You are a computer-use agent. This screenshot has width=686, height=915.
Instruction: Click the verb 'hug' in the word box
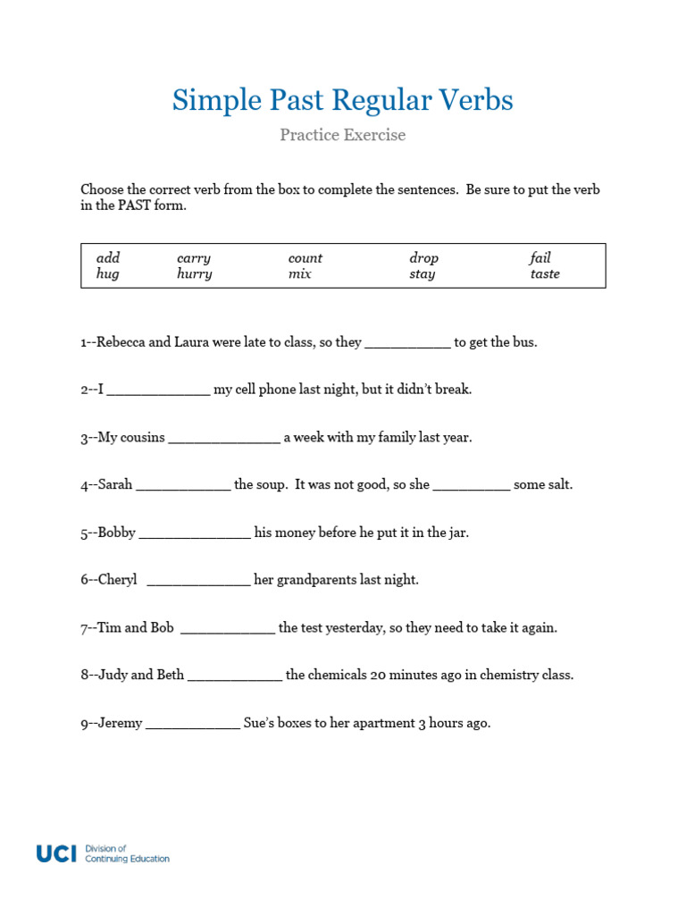pos(107,274)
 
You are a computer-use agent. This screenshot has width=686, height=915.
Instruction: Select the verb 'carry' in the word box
pos(194,258)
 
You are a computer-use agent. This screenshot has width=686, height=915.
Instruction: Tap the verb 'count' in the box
pos(305,258)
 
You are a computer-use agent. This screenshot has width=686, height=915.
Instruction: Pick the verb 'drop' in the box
pos(423,258)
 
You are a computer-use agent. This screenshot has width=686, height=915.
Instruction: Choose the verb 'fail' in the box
pos(540,258)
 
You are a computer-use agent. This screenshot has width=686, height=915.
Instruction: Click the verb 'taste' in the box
pos(545,274)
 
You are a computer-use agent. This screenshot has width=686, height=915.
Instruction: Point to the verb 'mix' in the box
pos(299,274)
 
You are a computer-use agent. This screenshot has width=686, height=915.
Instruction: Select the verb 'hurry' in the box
pos(194,274)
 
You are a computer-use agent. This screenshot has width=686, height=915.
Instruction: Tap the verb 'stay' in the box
pos(422,274)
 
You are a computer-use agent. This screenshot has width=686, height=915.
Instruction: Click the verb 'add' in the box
pos(107,258)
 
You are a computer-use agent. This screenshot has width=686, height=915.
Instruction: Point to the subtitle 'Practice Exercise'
pos(342,135)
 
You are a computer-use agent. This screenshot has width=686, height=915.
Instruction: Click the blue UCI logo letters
pos(56,853)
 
